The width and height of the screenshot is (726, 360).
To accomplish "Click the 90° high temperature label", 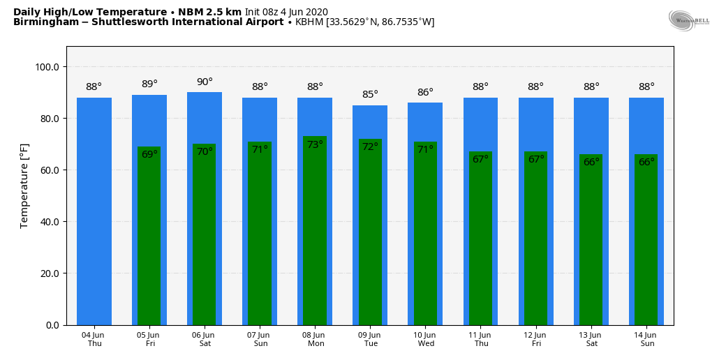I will pos(205,82).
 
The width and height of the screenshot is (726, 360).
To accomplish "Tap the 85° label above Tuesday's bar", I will pos(370,95).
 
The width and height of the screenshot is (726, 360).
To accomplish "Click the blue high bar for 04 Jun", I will pos(94,209).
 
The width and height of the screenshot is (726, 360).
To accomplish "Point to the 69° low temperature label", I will pos(149,154).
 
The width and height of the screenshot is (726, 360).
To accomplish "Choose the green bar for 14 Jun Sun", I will pos(646,244).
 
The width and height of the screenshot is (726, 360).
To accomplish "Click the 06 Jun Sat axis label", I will pos(205,339).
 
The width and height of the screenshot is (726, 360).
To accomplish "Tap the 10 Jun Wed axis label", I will pos(426,339).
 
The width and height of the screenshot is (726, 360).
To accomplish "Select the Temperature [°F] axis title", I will pos(24,186).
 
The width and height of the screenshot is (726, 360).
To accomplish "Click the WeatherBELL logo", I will pos(688,20).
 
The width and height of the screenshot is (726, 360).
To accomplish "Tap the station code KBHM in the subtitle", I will pos(309,22).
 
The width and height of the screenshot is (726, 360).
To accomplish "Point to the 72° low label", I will pos(370,147).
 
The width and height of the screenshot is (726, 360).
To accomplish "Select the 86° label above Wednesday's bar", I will pos(425,92).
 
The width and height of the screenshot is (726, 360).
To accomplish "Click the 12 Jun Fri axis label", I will pos(536,339).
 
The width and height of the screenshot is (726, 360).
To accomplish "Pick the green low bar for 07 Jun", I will pos(260,237).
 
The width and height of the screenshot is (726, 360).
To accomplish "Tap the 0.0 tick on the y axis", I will pos(53,325).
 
